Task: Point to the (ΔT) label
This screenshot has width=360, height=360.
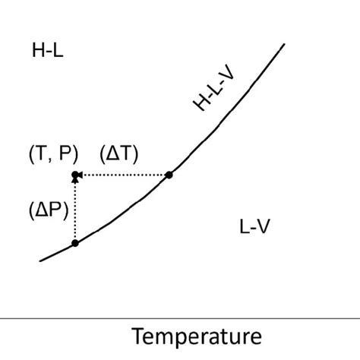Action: (119, 153)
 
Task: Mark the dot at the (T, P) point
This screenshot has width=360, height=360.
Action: (74, 175)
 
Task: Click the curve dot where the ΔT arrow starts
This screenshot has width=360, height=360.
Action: (169, 175)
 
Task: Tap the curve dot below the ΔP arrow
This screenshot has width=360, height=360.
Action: (74, 243)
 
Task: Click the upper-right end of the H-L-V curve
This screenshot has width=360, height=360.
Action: (283, 45)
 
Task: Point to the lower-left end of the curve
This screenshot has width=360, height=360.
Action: (41, 261)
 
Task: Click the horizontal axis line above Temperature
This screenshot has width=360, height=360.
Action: (180, 315)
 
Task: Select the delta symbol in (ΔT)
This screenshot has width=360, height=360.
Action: (111, 153)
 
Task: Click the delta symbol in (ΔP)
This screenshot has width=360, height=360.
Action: (39, 210)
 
